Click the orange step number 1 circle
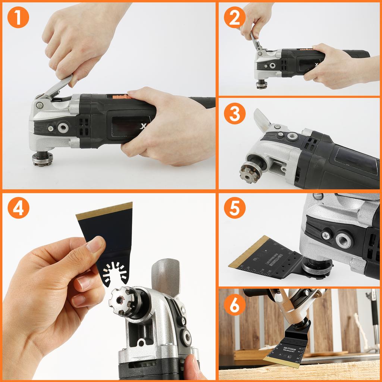pyautogui.click(x=18, y=18)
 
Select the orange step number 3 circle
pyautogui.click(x=235, y=114)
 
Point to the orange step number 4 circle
pyautogui.click(x=18, y=208)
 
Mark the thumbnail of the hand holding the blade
pyautogui.click(x=95, y=245)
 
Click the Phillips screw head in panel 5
pyautogui.click(x=325, y=235)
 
